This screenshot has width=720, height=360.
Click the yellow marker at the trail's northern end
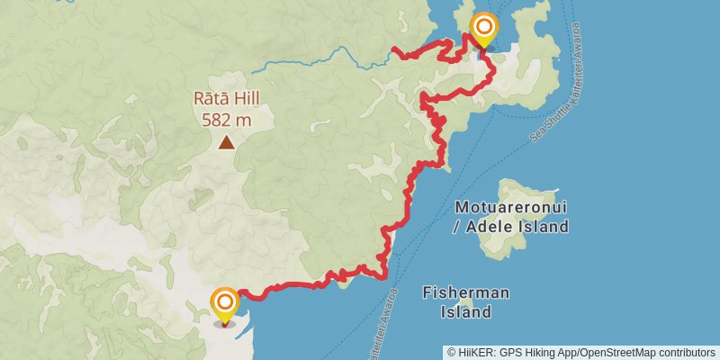pos(483,28)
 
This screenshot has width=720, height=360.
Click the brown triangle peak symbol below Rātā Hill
pos(227,141)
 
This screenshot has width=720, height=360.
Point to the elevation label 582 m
pos(227,117)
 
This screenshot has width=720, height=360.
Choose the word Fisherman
pos(466,293)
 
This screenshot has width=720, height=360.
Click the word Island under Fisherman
pos(466,312)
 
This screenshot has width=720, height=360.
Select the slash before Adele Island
pos(458,226)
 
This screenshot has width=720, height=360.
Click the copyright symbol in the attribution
pos(452,352)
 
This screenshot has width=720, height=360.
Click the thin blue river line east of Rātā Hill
pos(306,59)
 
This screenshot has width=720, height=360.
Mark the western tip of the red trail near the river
pos(395,48)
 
